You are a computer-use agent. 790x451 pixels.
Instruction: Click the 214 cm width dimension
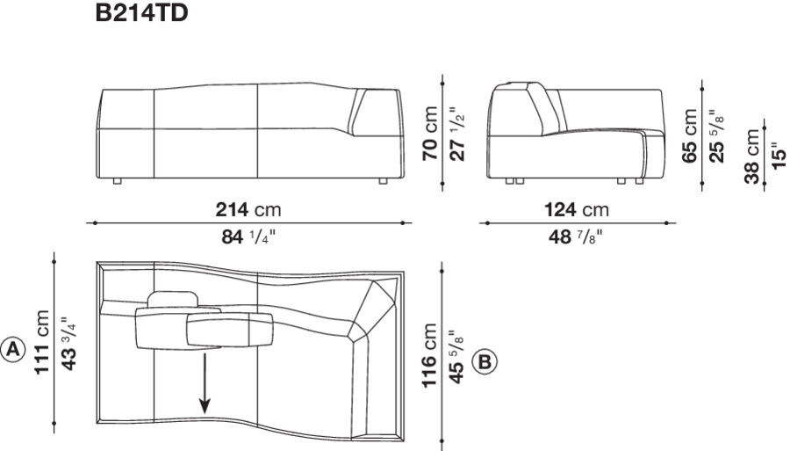248,210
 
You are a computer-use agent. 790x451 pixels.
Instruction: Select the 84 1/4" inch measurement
248,236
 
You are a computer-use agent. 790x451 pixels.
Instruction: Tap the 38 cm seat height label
752,156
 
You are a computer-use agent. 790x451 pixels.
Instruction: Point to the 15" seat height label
775,156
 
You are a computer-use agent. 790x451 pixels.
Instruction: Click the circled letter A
13,349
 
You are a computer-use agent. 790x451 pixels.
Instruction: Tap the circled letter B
485,360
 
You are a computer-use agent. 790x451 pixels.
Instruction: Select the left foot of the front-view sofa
118,181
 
